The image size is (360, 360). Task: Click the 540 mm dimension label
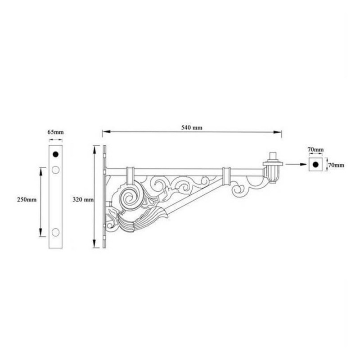(192, 128)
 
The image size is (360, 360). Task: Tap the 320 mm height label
(83, 198)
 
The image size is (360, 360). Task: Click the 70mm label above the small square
(316, 149)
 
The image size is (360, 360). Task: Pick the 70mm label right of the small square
(336, 165)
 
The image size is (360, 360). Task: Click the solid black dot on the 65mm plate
(56, 154)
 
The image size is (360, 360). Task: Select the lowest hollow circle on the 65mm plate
(56, 232)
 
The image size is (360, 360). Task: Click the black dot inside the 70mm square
(316, 165)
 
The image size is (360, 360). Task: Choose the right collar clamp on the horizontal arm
(226, 174)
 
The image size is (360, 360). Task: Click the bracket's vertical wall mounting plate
(104, 197)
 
